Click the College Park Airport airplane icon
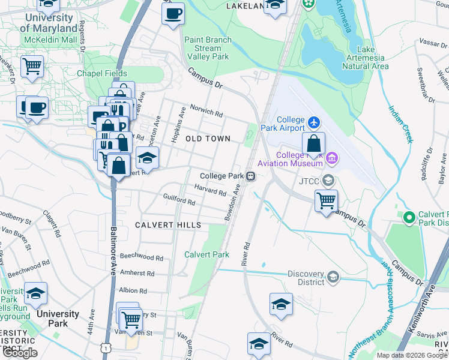[313, 123]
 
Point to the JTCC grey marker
[328, 180]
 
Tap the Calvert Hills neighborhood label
[167, 224]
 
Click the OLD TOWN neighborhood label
[208, 139]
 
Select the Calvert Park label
[207, 254]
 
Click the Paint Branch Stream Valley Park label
[208, 48]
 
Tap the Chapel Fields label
[101, 73]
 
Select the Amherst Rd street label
[137, 273]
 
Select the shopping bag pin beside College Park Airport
[313, 144]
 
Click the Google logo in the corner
[20, 353]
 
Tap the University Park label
[58, 319]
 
